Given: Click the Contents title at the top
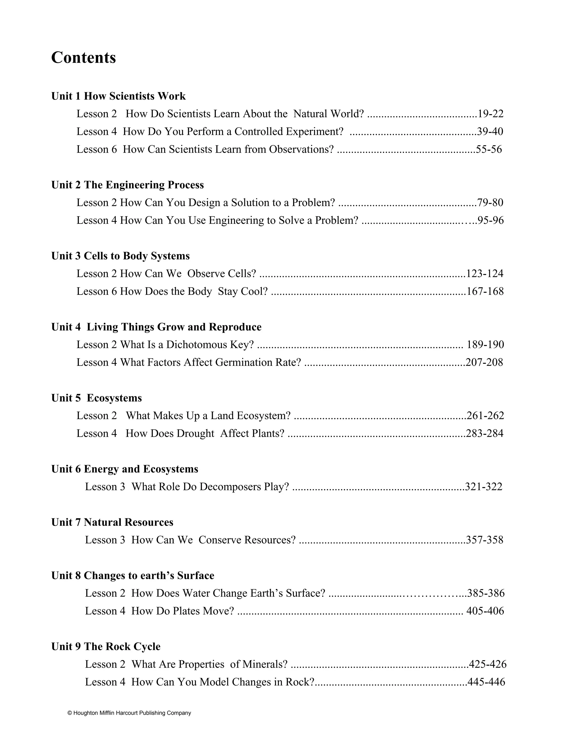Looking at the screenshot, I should point(83,58).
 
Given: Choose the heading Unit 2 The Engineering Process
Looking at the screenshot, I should point(127,185).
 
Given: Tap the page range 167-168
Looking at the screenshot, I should point(485,292).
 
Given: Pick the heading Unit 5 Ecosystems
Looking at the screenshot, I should point(96,398).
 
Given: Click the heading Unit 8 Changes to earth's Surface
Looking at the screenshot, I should point(133,575).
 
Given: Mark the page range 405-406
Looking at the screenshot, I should point(485,611).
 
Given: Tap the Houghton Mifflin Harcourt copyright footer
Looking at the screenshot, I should point(129,713).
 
